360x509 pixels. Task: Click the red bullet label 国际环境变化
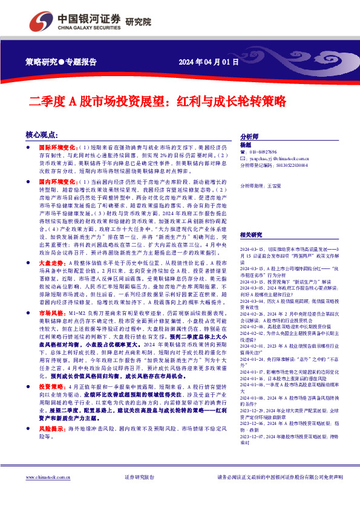coord(57,146)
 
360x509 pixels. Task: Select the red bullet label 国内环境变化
coord(57,181)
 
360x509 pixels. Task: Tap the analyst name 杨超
coord(245,145)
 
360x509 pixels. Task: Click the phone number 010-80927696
coord(264,152)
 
